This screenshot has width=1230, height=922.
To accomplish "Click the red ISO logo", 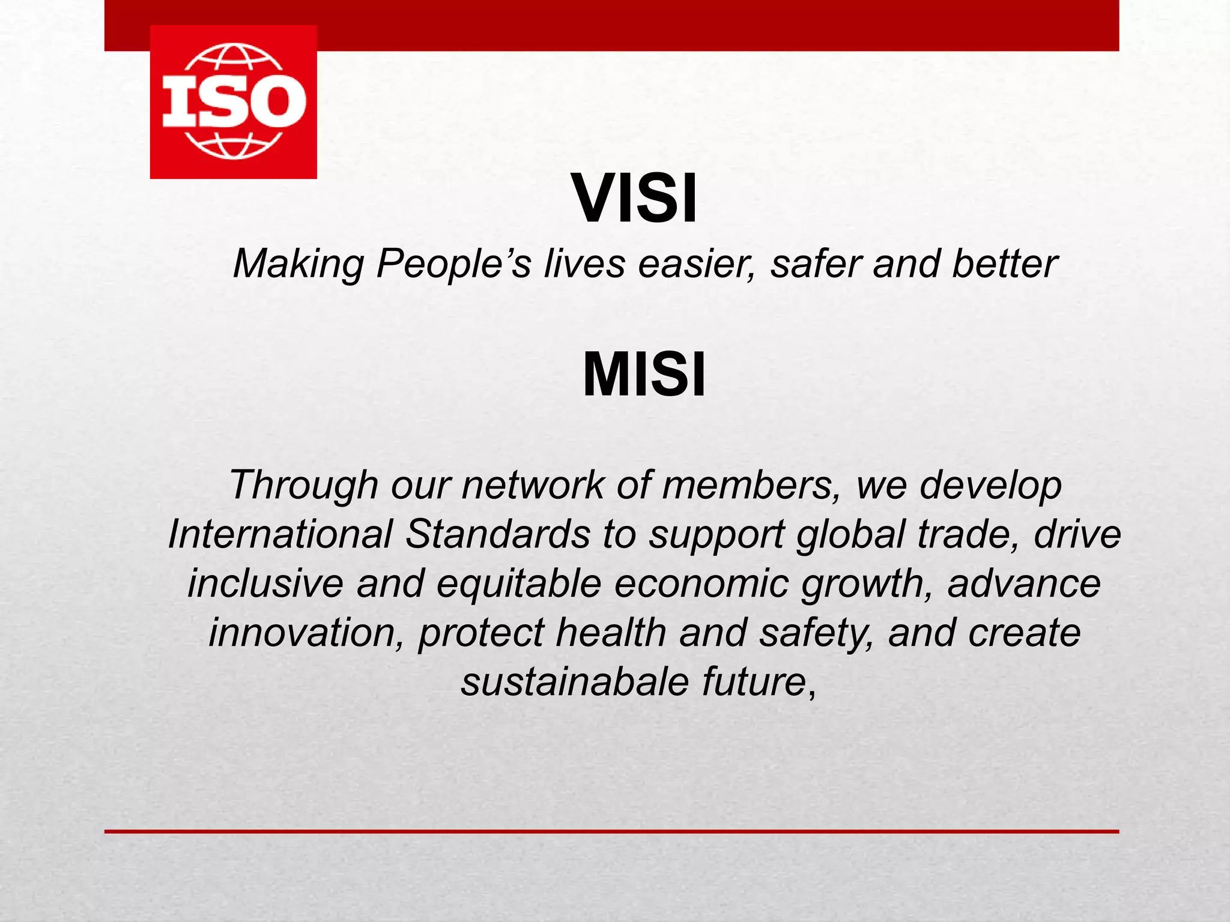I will click(233, 102).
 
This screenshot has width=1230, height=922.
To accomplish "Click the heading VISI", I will click(635, 198).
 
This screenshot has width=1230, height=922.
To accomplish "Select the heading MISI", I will click(644, 375).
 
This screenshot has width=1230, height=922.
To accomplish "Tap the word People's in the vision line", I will click(453, 264).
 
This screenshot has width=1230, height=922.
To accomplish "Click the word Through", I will click(303, 485).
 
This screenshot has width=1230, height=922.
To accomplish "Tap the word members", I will click(750, 485).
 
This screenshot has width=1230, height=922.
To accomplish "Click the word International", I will click(280, 534).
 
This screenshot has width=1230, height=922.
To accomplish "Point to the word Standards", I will click(498, 534).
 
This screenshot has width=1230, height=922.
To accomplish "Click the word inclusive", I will click(265, 583).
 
